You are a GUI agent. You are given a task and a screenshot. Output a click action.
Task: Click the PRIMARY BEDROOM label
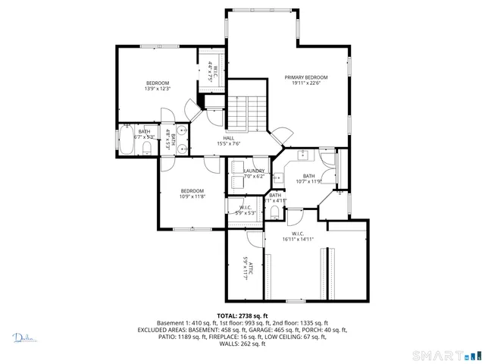(305, 77)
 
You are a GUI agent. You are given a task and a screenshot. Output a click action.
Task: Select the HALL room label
(228, 138)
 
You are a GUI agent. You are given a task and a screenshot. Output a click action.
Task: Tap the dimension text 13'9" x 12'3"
(158, 89)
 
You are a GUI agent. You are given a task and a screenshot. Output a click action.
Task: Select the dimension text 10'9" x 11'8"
(192, 196)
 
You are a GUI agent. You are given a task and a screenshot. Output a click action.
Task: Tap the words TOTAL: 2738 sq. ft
(242, 315)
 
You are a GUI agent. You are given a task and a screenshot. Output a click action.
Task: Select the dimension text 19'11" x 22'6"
(305, 83)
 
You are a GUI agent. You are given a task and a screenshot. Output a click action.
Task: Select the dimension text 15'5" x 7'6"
(228, 143)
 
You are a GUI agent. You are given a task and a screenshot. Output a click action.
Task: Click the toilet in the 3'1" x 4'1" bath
(274, 210)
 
